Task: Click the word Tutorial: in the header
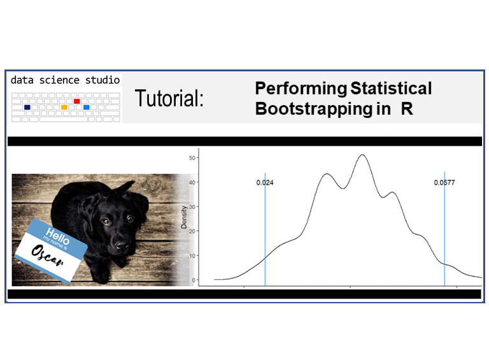[169, 99]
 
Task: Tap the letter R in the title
[407, 109]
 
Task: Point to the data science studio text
[65, 80]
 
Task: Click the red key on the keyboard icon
[76, 101]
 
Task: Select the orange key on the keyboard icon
[64, 107]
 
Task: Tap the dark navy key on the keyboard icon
[27, 107]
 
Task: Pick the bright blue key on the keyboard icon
[87, 107]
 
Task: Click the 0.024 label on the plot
[265, 183]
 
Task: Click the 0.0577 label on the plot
[444, 183]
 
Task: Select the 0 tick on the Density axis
[193, 280]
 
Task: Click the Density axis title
[185, 219]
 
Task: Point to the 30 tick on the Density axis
[191, 206]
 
